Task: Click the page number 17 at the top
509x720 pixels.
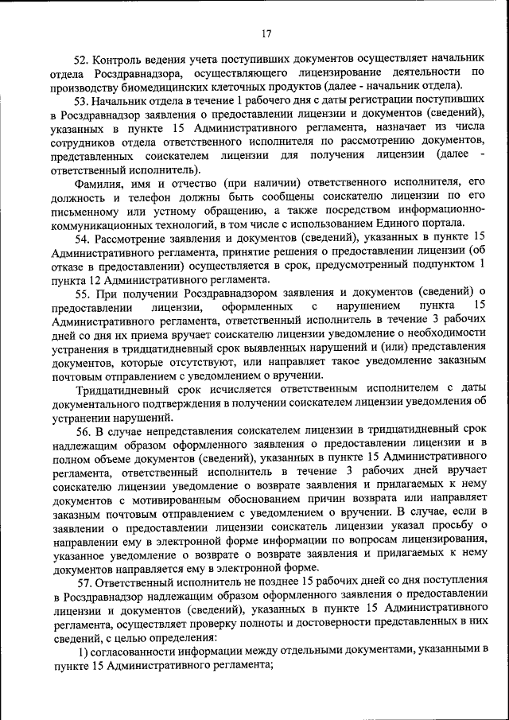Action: (x=266, y=33)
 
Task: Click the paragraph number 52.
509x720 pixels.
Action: (x=83, y=60)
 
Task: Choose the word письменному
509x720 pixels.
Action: (x=88, y=210)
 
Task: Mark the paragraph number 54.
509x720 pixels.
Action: (x=83, y=239)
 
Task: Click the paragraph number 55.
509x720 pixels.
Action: (x=83, y=292)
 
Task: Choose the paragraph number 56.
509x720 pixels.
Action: (x=83, y=431)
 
